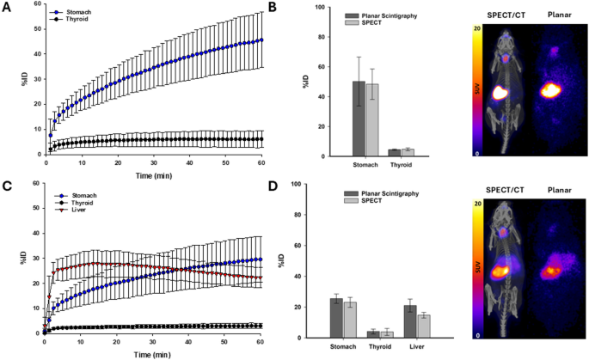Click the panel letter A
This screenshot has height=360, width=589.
(6, 7)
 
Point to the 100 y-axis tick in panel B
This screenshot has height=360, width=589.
(294, 8)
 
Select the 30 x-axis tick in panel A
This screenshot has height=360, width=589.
(152, 162)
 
